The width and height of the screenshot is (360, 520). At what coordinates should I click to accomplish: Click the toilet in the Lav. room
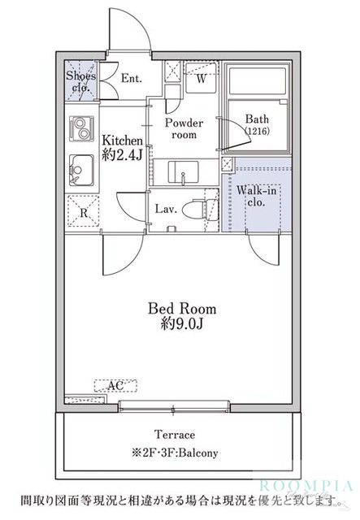pyautogui.click(x=202, y=210)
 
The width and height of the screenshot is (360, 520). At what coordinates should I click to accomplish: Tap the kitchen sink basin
pyautogui.click(x=81, y=170)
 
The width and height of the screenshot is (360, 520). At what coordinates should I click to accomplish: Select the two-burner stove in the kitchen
pyautogui.click(x=81, y=128)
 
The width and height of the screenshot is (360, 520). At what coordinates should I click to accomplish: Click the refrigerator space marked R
pyautogui.click(x=83, y=211)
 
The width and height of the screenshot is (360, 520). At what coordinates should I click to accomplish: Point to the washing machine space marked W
pyautogui.click(x=201, y=78)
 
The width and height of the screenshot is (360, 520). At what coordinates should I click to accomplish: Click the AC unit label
pyautogui.click(x=115, y=385)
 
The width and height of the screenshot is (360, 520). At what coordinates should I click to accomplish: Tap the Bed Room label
pyautogui.click(x=182, y=309)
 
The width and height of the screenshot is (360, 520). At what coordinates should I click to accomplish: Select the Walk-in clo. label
pyautogui.click(x=256, y=197)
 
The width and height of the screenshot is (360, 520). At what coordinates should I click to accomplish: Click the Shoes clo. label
pyautogui.click(x=81, y=81)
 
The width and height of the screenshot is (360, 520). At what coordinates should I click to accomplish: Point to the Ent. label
pyautogui.click(x=132, y=78)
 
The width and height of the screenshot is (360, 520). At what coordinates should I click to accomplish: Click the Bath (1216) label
pyautogui.click(x=257, y=124)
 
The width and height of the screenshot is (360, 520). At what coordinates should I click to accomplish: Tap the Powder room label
pyautogui.click(x=184, y=128)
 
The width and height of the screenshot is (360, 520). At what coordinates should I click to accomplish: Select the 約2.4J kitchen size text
pyautogui.click(x=122, y=154)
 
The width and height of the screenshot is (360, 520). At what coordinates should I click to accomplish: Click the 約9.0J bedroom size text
pyautogui.click(x=182, y=323)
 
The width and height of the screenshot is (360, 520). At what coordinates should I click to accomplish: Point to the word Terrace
pyautogui.click(x=175, y=434)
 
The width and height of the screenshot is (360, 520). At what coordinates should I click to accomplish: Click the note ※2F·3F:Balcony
pyautogui.click(x=175, y=453)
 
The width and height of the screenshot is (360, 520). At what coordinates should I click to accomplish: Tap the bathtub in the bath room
pyautogui.click(x=257, y=81)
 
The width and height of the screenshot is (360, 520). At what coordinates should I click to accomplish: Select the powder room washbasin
pyautogui.click(x=184, y=171)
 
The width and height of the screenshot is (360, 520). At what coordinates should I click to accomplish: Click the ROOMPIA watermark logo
pyautogui.click(x=306, y=486)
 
